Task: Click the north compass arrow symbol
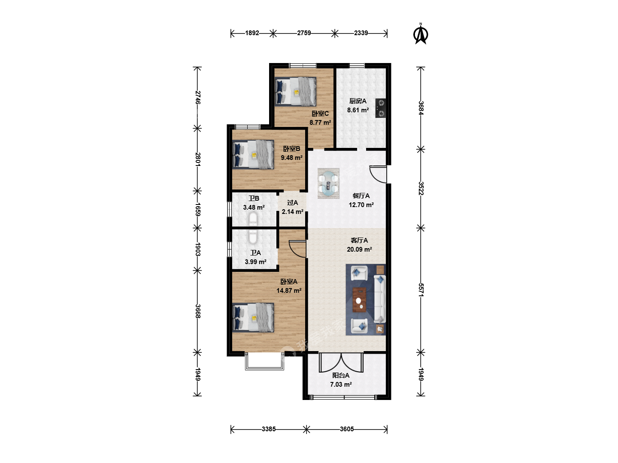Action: point(421,34)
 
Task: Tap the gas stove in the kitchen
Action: point(380,108)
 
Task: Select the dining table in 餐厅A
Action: point(328,183)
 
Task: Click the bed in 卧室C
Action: point(295,92)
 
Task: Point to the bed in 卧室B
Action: point(253,155)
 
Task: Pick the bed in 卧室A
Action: point(253,317)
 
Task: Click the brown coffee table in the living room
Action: point(359,300)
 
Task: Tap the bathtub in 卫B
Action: point(253,219)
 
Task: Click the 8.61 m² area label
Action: point(358,110)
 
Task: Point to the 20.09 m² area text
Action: point(359,250)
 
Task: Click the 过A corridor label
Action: point(293,203)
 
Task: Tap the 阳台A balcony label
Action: point(341,375)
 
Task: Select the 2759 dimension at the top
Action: point(304,33)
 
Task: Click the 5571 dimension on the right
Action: point(421,290)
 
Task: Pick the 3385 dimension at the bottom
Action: point(269,429)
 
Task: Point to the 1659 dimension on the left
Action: point(197,210)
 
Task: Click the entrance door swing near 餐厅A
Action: point(378,174)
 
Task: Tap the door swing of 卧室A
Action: point(297,249)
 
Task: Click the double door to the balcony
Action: point(341,362)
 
